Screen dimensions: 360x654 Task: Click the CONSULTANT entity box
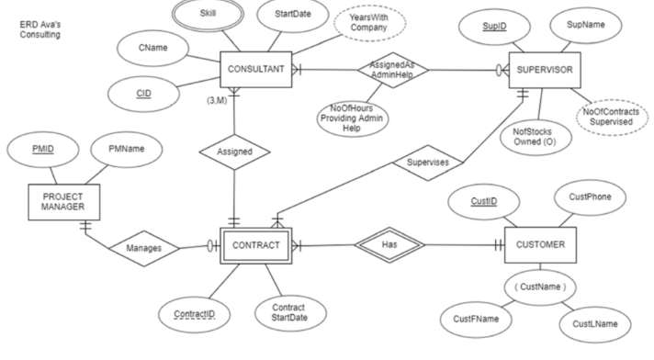tap(254, 70)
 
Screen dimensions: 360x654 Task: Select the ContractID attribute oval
tap(195, 313)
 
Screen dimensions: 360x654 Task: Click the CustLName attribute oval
tap(592, 323)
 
